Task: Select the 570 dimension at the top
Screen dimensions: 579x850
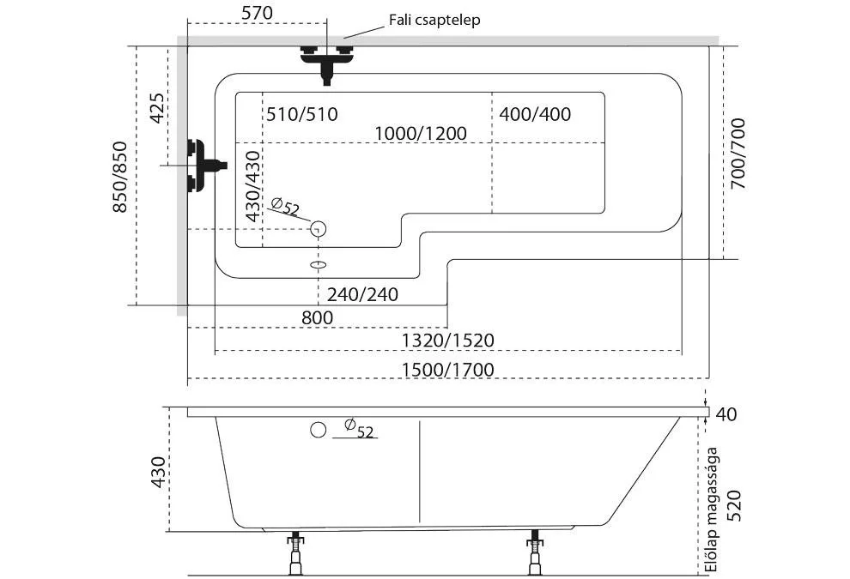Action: point(257,13)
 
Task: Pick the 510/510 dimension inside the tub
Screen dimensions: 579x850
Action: point(301,114)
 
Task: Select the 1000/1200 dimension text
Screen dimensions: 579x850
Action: point(421,133)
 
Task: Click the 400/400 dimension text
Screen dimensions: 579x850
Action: point(535,114)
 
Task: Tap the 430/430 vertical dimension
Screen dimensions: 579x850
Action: point(252,187)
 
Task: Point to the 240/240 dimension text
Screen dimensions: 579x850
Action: point(362,294)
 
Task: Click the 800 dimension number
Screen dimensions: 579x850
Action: point(317,317)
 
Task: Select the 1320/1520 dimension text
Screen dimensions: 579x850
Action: point(448,341)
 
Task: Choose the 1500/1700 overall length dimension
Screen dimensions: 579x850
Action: point(448,370)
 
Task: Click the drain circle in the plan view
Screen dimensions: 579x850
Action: point(318,228)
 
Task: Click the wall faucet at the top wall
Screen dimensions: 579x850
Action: point(326,60)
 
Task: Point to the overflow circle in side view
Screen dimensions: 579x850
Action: point(318,429)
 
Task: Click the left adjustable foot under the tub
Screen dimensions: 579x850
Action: point(297,554)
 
